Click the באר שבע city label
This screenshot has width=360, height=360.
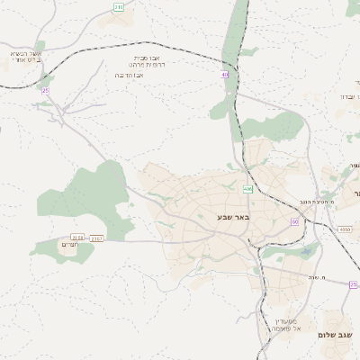(x=231, y=217)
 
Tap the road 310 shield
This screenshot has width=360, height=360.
(x=119, y=7)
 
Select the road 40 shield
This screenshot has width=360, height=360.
(x=224, y=75)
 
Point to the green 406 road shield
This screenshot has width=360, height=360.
(x=247, y=189)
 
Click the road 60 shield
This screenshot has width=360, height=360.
(x=294, y=220)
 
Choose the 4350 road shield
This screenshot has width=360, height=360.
(x=345, y=229)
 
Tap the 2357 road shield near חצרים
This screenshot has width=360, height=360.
(x=97, y=238)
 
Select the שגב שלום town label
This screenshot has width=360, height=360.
(x=336, y=334)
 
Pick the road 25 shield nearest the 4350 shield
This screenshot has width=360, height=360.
(x=353, y=284)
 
